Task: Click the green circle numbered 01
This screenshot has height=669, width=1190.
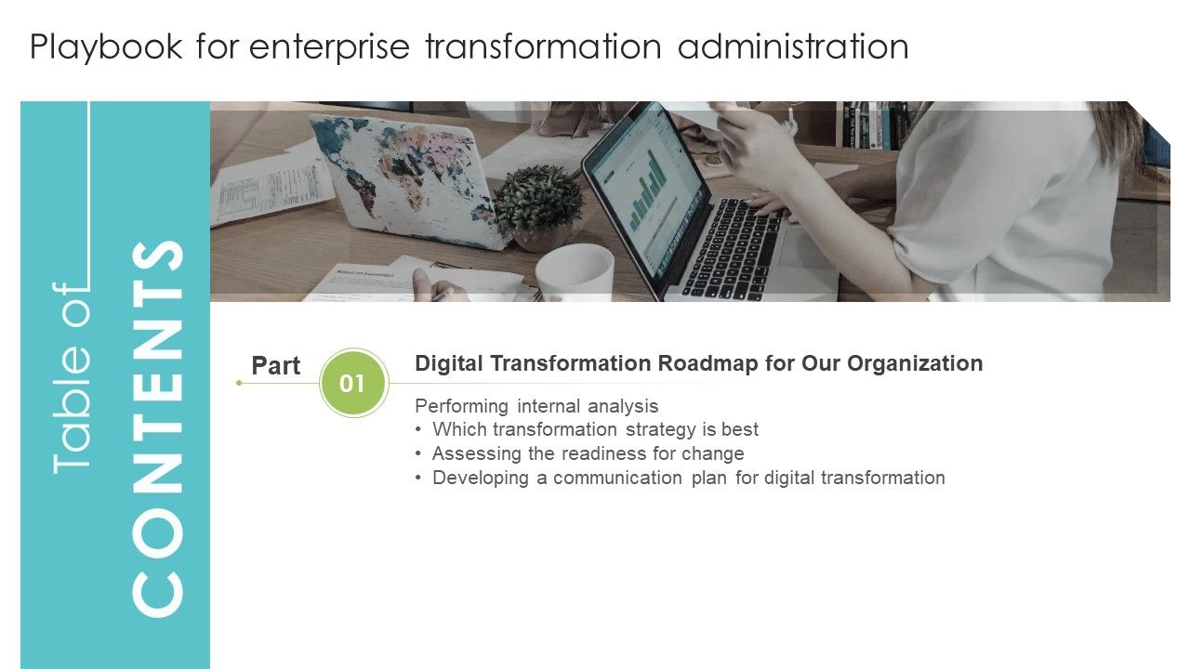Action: click(x=352, y=383)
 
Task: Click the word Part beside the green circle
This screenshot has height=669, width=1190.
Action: click(x=276, y=366)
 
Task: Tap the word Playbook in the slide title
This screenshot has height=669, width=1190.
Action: click(x=106, y=46)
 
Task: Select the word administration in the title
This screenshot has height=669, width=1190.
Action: click(x=793, y=46)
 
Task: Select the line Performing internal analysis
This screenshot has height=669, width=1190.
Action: click(x=536, y=406)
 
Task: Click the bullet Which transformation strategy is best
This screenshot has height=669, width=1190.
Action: click(x=595, y=429)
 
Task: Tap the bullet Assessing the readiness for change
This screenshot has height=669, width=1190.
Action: click(x=588, y=453)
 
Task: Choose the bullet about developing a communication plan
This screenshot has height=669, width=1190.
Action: click(x=688, y=478)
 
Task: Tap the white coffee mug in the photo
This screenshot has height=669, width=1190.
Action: click(x=574, y=269)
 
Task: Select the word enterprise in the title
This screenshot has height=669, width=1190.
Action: click(x=326, y=46)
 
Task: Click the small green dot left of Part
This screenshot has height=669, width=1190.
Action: click(x=239, y=383)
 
